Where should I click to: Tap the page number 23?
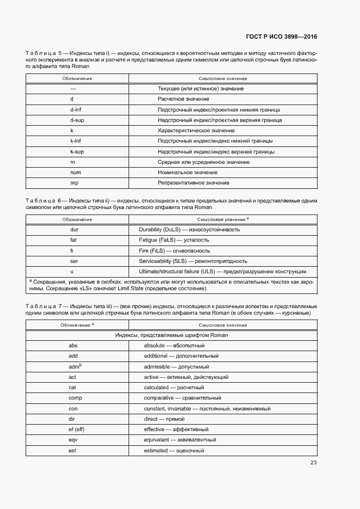313,463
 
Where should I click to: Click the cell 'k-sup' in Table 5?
76,151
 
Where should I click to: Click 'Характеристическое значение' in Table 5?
196,131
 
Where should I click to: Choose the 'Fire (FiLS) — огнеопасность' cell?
175,250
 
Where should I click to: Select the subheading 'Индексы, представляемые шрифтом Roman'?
171,335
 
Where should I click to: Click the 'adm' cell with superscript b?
75,366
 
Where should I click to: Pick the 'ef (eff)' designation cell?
76,429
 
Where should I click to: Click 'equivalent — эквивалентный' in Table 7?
180,439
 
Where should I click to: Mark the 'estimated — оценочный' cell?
174,451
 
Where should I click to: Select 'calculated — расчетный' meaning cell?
174,388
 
